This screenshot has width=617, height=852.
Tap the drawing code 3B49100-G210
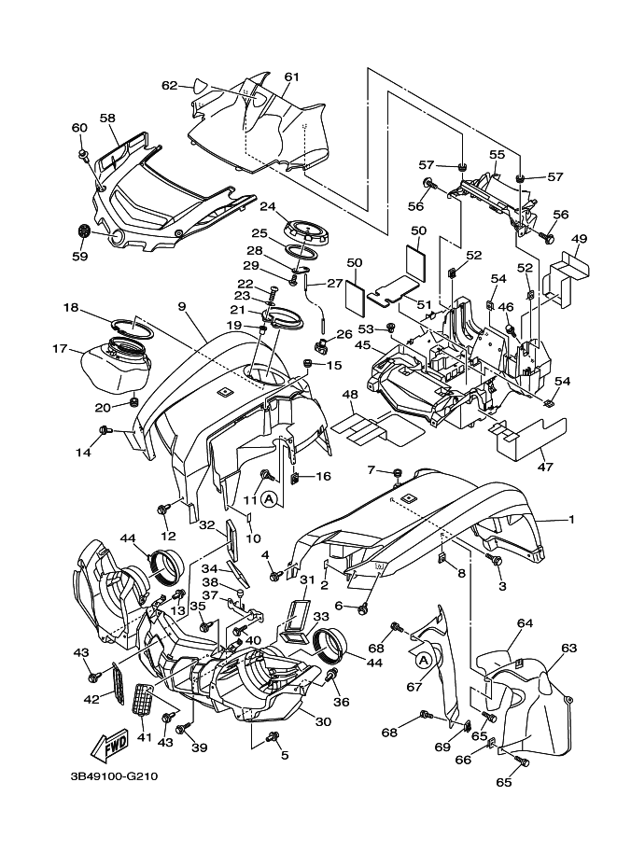point(114,775)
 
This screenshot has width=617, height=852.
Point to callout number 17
point(61,350)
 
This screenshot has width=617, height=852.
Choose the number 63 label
point(568,646)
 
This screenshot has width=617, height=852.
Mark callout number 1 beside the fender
point(572,518)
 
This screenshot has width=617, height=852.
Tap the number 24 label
point(268,207)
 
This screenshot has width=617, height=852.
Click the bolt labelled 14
point(106,430)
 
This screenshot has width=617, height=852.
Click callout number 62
point(169,85)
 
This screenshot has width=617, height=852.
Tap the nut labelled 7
point(397,472)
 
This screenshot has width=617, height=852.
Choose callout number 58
point(107,119)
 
